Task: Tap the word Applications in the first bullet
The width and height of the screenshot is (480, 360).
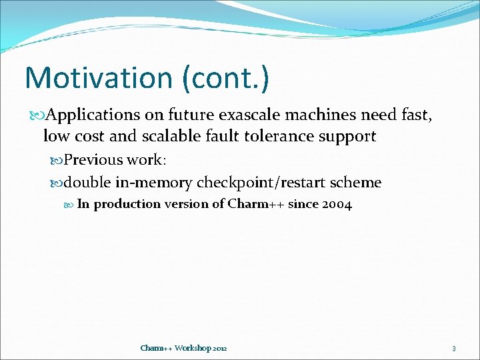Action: coord(93,115)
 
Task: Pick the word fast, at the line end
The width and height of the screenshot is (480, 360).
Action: coord(415,115)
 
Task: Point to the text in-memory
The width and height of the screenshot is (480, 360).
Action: coord(154,182)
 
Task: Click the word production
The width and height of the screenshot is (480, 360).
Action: coord(127,204)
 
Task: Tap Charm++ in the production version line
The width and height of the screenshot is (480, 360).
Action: coord(256,204)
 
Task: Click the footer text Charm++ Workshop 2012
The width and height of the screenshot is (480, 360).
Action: coord(183,348)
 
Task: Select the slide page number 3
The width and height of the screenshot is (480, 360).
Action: coord(453,348)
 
